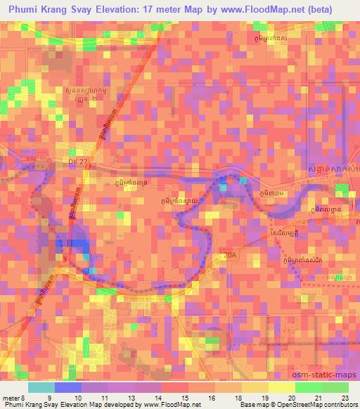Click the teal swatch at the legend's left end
point(41,387)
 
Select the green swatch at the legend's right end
point(335,387)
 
